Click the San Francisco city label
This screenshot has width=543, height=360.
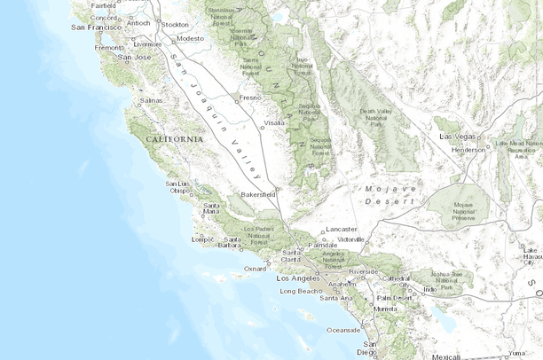point(96,27)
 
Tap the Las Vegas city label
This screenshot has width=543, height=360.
point(457,137)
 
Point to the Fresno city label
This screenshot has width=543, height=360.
point(249,98)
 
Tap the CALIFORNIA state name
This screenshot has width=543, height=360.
point(174,140)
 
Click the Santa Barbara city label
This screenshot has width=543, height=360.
point(233,243)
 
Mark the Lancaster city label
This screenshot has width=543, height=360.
point(342,229)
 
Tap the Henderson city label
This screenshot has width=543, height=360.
point(468,150)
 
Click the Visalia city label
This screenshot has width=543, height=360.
point(274,122)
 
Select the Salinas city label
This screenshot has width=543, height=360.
point(152,101)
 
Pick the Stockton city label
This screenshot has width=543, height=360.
point(176,25)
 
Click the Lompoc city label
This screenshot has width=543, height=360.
point(203,239)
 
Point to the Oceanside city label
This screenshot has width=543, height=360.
point(343,329)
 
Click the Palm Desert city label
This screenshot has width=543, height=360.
point(395,297)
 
